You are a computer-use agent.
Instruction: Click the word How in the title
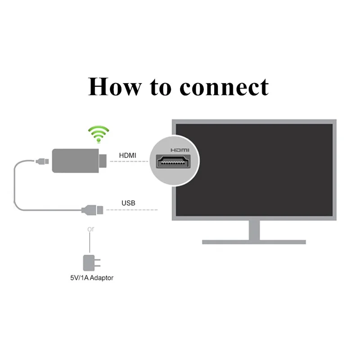(x=114, y=86)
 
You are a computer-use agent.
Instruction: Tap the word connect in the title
(x=224, y=86)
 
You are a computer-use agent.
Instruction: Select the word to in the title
(x=161, y=87)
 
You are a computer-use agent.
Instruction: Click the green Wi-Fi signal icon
(x=98, y=134)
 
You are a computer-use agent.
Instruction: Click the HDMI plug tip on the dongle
(x=103, y=161)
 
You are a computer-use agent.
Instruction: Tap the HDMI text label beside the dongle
(x=128, y=156)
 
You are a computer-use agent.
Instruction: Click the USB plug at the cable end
(x=93, y=209)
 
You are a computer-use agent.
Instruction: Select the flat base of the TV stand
(x=254, y=242)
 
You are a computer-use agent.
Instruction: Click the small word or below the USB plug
(x=90, y=229)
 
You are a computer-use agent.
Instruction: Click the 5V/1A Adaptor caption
(x=89, y=278)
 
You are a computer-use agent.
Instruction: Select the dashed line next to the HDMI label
(x=130, y=162)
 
